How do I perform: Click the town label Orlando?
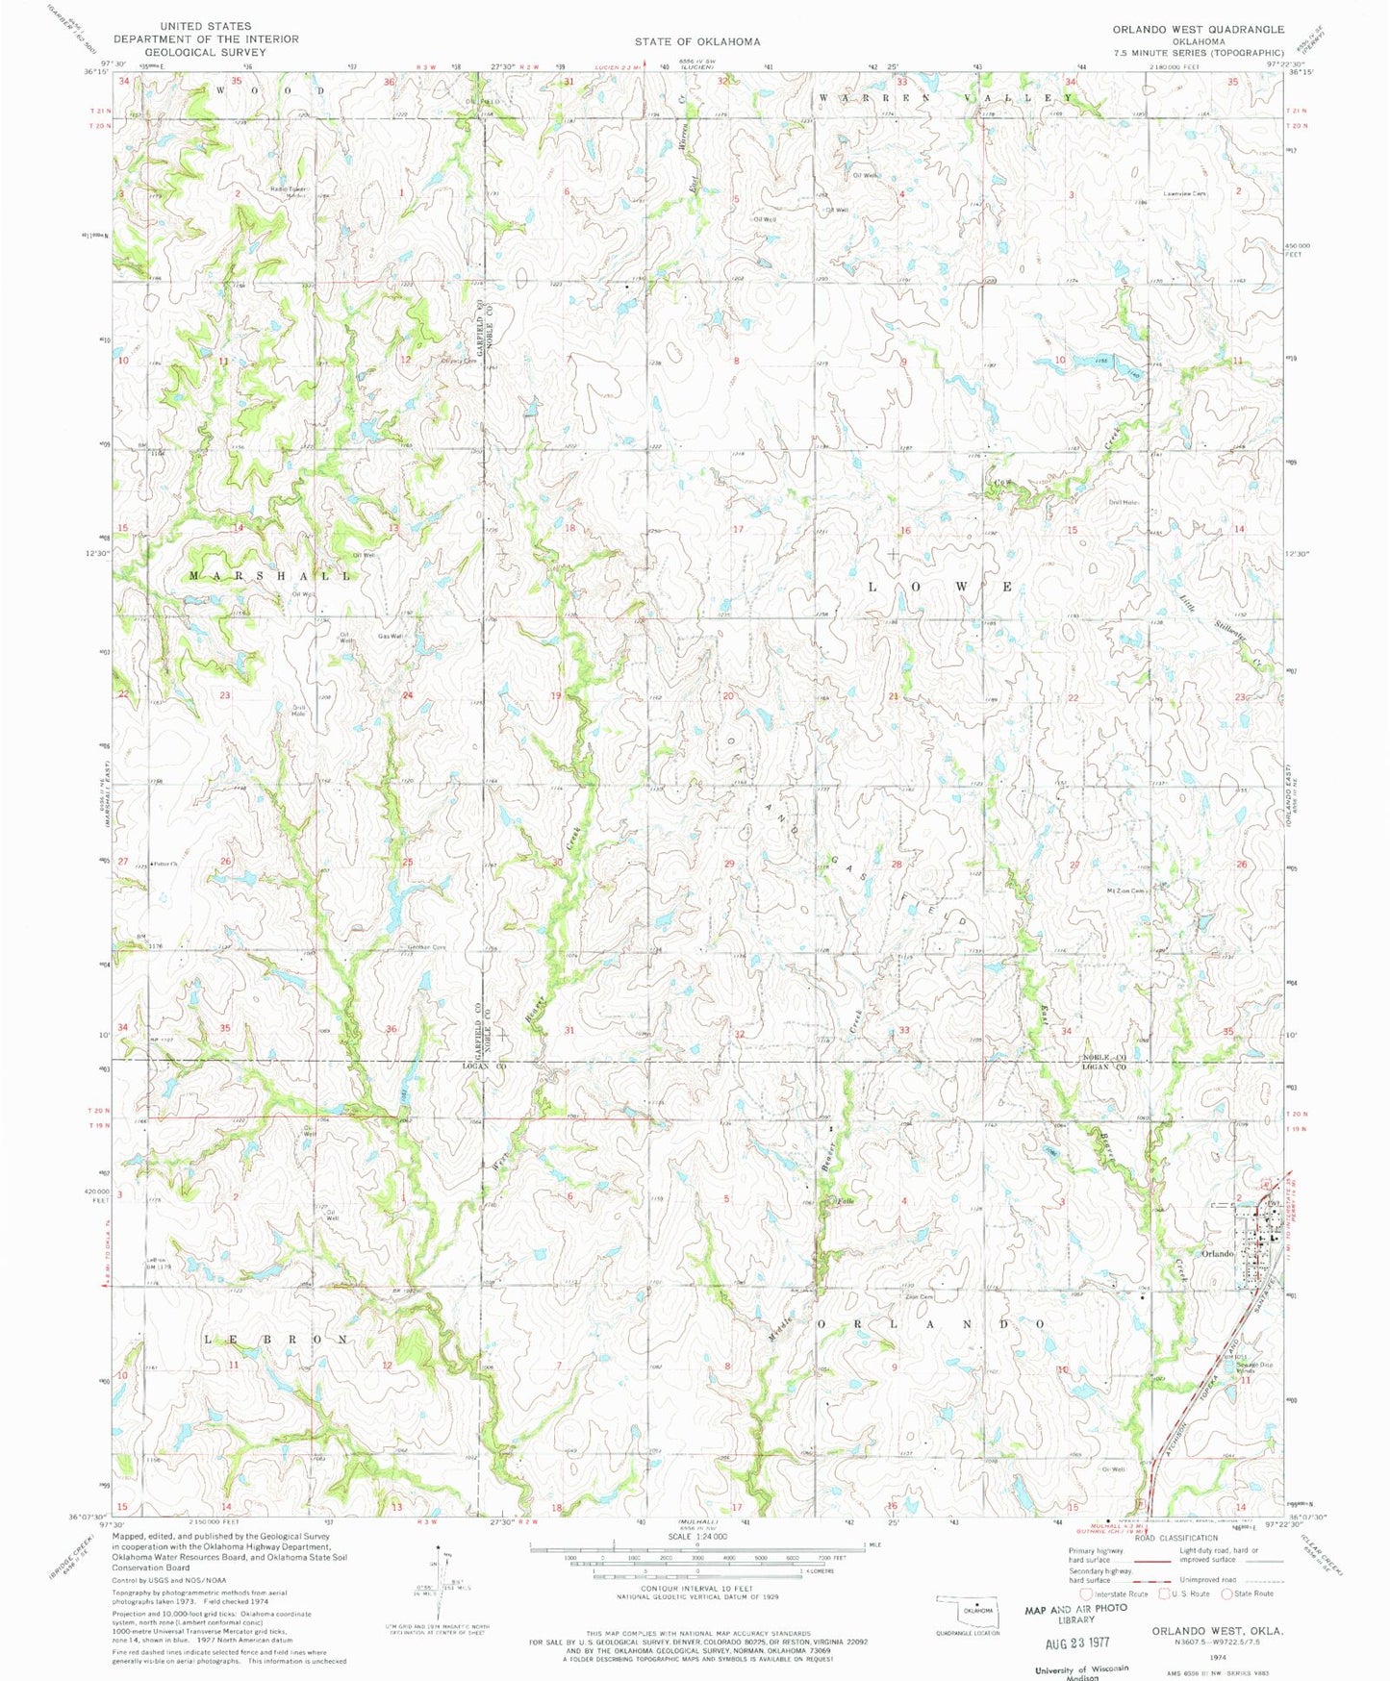[x=1217, y=1253]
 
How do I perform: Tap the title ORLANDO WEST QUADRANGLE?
[x=1198, y=30]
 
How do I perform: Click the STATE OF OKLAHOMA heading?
[x=696, y=41]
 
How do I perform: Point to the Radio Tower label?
[x=288, y=189]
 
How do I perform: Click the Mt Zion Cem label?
[x=1126, y=891]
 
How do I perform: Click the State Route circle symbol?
[x=1227, y=1593]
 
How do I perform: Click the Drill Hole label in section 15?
[x=1123, y=502]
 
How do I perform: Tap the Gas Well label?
[x=389, y=636]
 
